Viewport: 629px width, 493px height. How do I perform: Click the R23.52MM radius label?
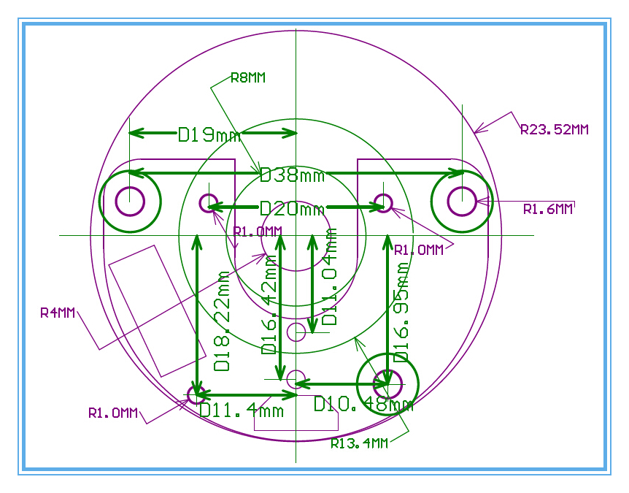pos(555,130)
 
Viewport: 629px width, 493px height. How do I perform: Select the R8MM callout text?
pos(248,77)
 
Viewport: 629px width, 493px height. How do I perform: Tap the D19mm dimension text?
pos(209,134)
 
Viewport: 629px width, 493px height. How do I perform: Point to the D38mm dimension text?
pos(292,175)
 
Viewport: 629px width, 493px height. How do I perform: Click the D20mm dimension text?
pos(292,209)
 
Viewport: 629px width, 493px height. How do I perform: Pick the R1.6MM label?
pos(548,209)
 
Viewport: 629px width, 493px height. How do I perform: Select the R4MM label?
pos(58,313)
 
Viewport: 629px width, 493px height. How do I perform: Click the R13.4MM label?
pos(360,443)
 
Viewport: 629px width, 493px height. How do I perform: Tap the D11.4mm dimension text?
pos(242,410)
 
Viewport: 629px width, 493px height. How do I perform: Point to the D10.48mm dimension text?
pos(363,404)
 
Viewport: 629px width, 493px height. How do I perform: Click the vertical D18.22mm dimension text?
pos(222,321)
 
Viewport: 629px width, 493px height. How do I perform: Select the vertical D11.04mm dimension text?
pos(330,277)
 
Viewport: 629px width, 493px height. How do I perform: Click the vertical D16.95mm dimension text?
pos(401,313)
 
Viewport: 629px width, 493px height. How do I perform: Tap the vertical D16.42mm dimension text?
pos(269,305)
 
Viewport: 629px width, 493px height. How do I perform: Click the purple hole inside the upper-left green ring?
pos(130,201)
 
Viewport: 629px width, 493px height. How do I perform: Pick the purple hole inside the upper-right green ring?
pos(462,201)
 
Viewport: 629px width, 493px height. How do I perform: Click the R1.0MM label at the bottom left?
pos(113,413)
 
